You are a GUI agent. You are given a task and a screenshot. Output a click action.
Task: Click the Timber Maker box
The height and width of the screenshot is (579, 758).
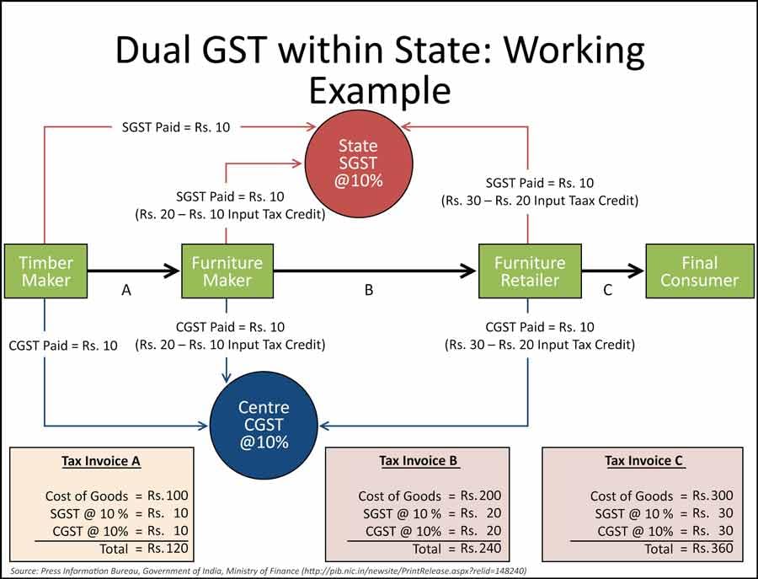coord(45,271)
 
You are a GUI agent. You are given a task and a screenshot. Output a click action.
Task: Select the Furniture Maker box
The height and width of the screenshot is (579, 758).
coord(227,271)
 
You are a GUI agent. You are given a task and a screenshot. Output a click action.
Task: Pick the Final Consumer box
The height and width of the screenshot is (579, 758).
coord(699,271)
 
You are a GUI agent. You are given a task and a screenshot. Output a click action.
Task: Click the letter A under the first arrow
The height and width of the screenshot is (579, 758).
coord(126,290)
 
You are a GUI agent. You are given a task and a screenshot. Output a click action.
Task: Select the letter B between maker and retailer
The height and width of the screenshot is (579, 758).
coord(368,290)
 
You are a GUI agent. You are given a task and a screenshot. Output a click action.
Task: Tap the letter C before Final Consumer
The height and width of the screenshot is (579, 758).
coord(607,290)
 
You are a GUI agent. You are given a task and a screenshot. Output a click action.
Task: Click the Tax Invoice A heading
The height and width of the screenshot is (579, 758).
coord(101,461)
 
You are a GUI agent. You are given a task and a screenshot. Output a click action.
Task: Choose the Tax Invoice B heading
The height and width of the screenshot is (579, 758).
coord(418,461)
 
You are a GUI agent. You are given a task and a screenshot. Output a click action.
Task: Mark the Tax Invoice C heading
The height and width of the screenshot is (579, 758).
coord(645,461)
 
